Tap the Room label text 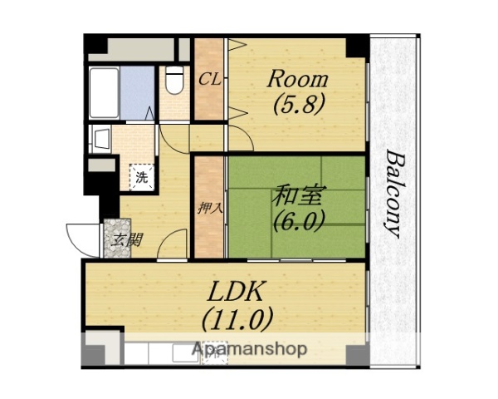click(296, 81)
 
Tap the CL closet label click(208, 80)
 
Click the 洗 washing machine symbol click(142, 176)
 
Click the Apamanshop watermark click(249, 349)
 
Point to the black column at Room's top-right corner click(357, 46)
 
